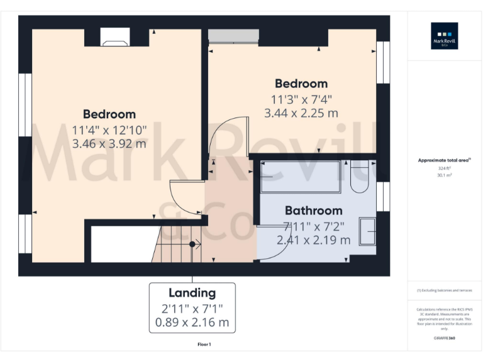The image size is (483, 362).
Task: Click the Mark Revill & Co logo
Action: coord(444,36)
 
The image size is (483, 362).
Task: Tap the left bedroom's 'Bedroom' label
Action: coord(109,114)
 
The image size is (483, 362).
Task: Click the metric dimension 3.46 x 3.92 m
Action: coord(109,143)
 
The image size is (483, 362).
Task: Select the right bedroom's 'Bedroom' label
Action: coord(301,84)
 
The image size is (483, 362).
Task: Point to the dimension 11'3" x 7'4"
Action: coord(301,99)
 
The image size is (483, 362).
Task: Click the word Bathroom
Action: coord(313,211)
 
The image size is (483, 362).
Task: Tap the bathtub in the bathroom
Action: coord(301,177)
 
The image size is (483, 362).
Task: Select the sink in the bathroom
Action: coord(367,231)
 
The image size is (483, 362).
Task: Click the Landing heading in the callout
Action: coord(192,293)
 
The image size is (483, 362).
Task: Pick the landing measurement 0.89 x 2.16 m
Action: coord(192,324)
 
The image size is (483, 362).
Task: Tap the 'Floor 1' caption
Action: coord(204,344)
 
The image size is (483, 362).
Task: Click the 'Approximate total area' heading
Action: coord(444,161)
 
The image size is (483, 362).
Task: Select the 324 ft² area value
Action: coord(444,168)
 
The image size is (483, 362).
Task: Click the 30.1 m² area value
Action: coord(444,176)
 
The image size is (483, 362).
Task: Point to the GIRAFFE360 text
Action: coord(444,339)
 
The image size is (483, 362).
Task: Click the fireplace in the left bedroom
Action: coord(115,38)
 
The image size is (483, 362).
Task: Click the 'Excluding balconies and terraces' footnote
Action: coord(444,290)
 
